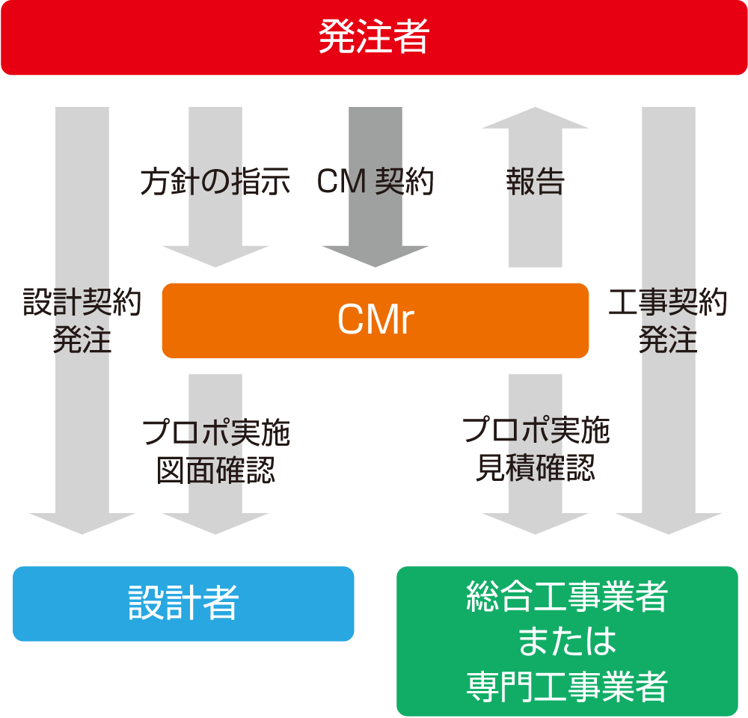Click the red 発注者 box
[x=374, y=37]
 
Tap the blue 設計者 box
[x=183, y=603]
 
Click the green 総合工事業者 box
[x=567, y=598]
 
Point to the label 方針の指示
[x=215, y=182]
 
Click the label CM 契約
[x=375, y=182]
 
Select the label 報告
[x=536, y=182]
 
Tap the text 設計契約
[x=82, y=303]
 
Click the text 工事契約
[x=668, y=303]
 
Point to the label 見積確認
[x=536, y=467]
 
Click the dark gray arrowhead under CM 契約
[x=375, y=256]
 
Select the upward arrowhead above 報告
[x=536, y=118]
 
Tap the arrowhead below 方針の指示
[x=215, y=256]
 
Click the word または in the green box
[x=567, y=642]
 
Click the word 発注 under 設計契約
[x=82, y=340]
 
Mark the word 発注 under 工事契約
[x=668, y=340]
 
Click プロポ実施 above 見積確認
[x=536, y=432]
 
